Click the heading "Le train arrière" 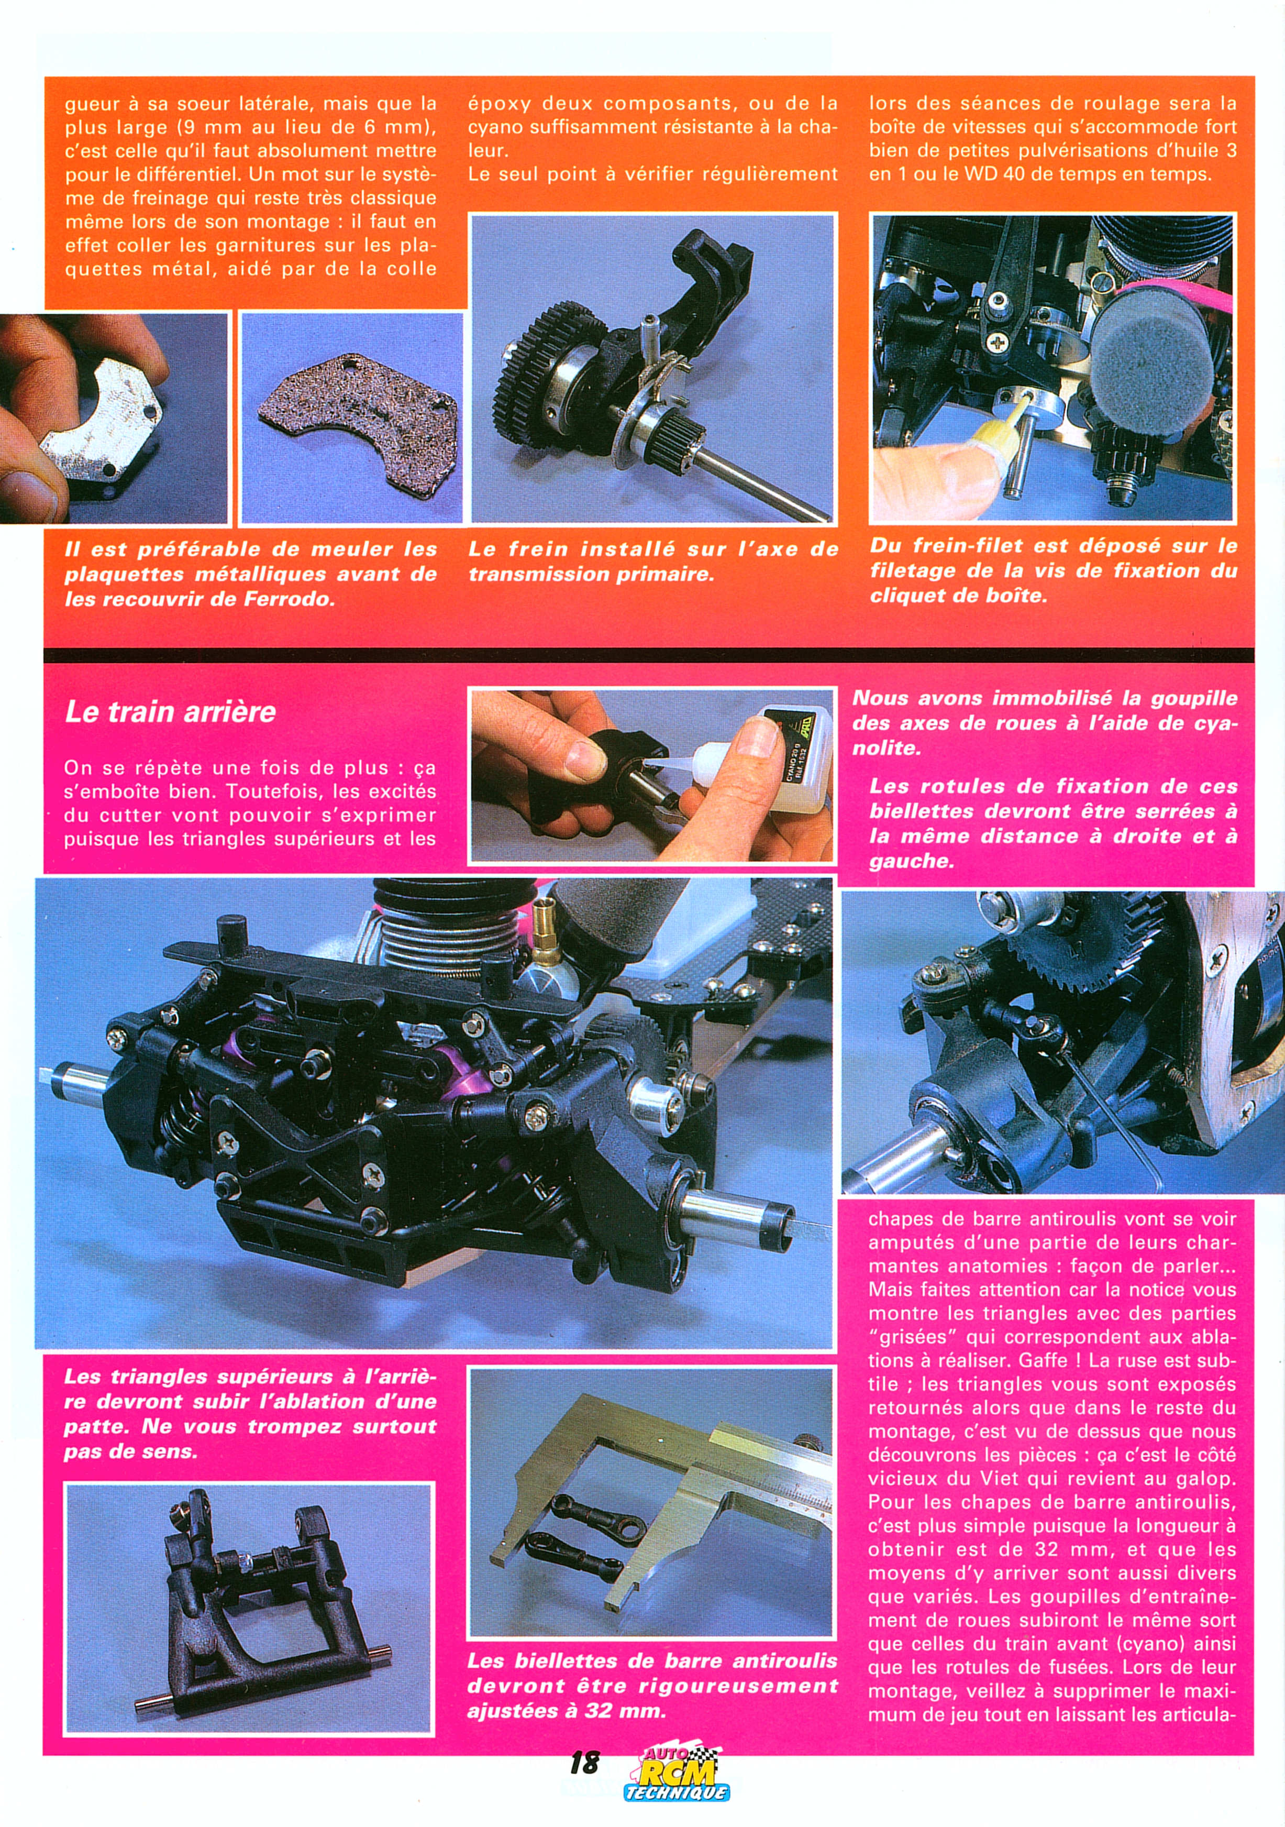(x=170, y=711)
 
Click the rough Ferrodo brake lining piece (x=358, y=414)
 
